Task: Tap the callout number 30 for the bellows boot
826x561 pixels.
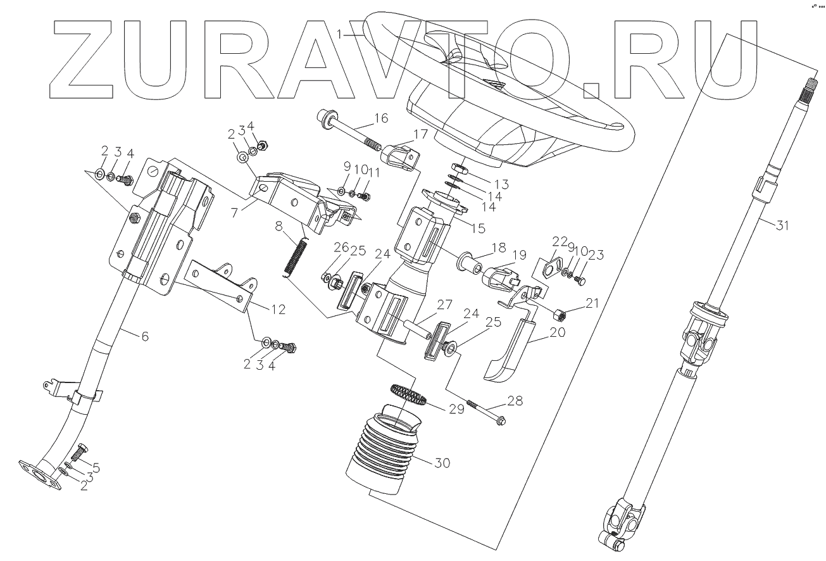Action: [442, 463]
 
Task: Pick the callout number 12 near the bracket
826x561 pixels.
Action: [277, 310]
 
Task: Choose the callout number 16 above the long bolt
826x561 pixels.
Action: [382, 118]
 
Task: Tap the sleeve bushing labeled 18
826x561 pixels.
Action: [468, 260]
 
